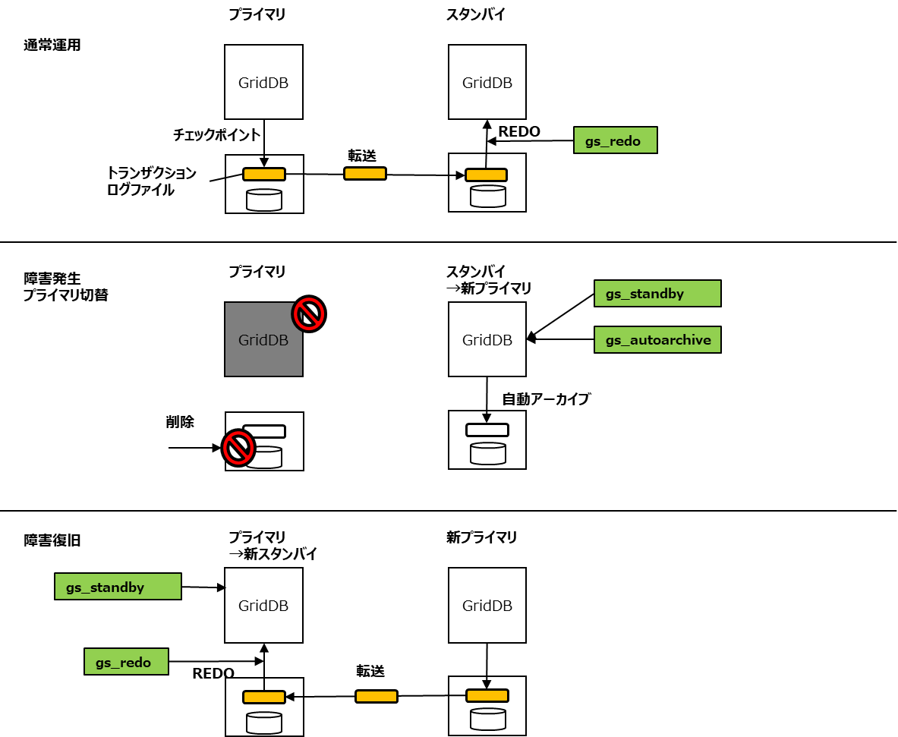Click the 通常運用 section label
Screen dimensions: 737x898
pos(52,45)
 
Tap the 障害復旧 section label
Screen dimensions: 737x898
pos(52,540)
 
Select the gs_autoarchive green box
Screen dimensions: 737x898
pos(657,340)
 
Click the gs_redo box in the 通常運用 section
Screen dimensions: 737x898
pos(615,141)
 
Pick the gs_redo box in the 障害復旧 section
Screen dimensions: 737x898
pos(125,662)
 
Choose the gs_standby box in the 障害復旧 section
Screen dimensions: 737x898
pos(118,587)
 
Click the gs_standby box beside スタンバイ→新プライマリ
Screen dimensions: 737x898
pos(657,294)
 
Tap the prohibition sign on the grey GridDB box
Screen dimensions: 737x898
pos(309,313)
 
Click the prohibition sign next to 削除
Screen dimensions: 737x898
pos(238,448)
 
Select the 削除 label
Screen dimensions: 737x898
pos(180,422)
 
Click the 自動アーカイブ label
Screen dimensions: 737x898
pos(546,398)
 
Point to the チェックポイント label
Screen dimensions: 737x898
pos(217,134)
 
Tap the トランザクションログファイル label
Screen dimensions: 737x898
pos(151,181)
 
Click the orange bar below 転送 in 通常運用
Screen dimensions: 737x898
pos(364,174)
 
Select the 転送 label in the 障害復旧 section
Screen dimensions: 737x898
pos(370,671)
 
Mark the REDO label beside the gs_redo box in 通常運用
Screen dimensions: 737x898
pos(519,131)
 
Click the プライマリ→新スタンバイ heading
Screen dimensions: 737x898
pos(273,546)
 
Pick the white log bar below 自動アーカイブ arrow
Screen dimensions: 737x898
pos(487,430)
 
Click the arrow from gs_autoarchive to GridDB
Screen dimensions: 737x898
pos(562,340)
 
